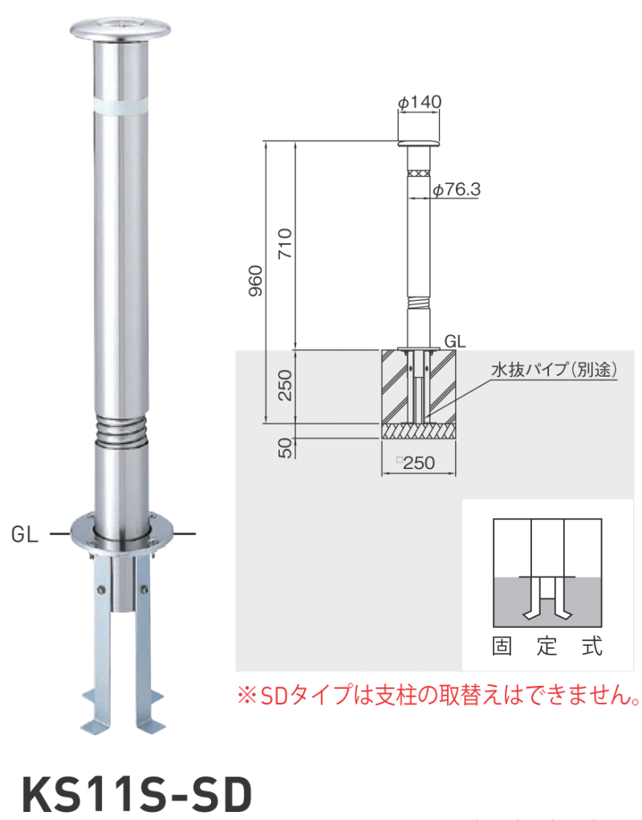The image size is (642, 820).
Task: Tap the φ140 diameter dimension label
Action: pyautogui.click(x=420, y=101)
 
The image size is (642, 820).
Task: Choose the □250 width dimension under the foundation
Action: pyautogui.click(x=418, y=463)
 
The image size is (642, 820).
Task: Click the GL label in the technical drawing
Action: pyautogui.click(x=456, y=340)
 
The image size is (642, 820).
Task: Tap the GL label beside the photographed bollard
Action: pyautogui.click(x=25, y=534)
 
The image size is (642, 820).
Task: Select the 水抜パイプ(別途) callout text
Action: pyautogui.click(x=553, y=371)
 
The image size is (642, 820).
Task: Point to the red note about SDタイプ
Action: pyautogui.click(x=438, y=692)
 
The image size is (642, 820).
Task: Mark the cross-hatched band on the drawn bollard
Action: pyautogui.click(x=418, y=173)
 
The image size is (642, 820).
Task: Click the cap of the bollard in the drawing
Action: pyautogui.click(x=420, y=145)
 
